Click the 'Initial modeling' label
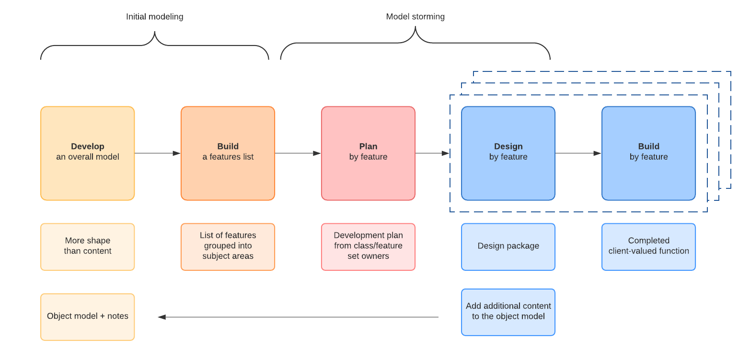point(154,17)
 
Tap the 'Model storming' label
point(415,17)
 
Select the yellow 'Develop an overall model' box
point(88,153)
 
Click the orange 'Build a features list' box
point(228,153)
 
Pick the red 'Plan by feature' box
point(368,153)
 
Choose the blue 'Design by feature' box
point(508,153)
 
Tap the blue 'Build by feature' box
point(648,153)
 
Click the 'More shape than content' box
point(88,246)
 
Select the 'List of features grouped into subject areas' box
point(228,246)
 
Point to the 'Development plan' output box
point(368,246)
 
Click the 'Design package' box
point(508,246)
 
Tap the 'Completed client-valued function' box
point(648,246)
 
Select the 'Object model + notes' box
point(88,317)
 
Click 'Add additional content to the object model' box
point(508,312)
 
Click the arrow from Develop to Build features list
point(157,153)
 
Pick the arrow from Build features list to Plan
point(298,153)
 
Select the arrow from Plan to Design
point(432,153)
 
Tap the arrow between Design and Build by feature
point(578,153)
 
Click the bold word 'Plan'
point(368,147)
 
